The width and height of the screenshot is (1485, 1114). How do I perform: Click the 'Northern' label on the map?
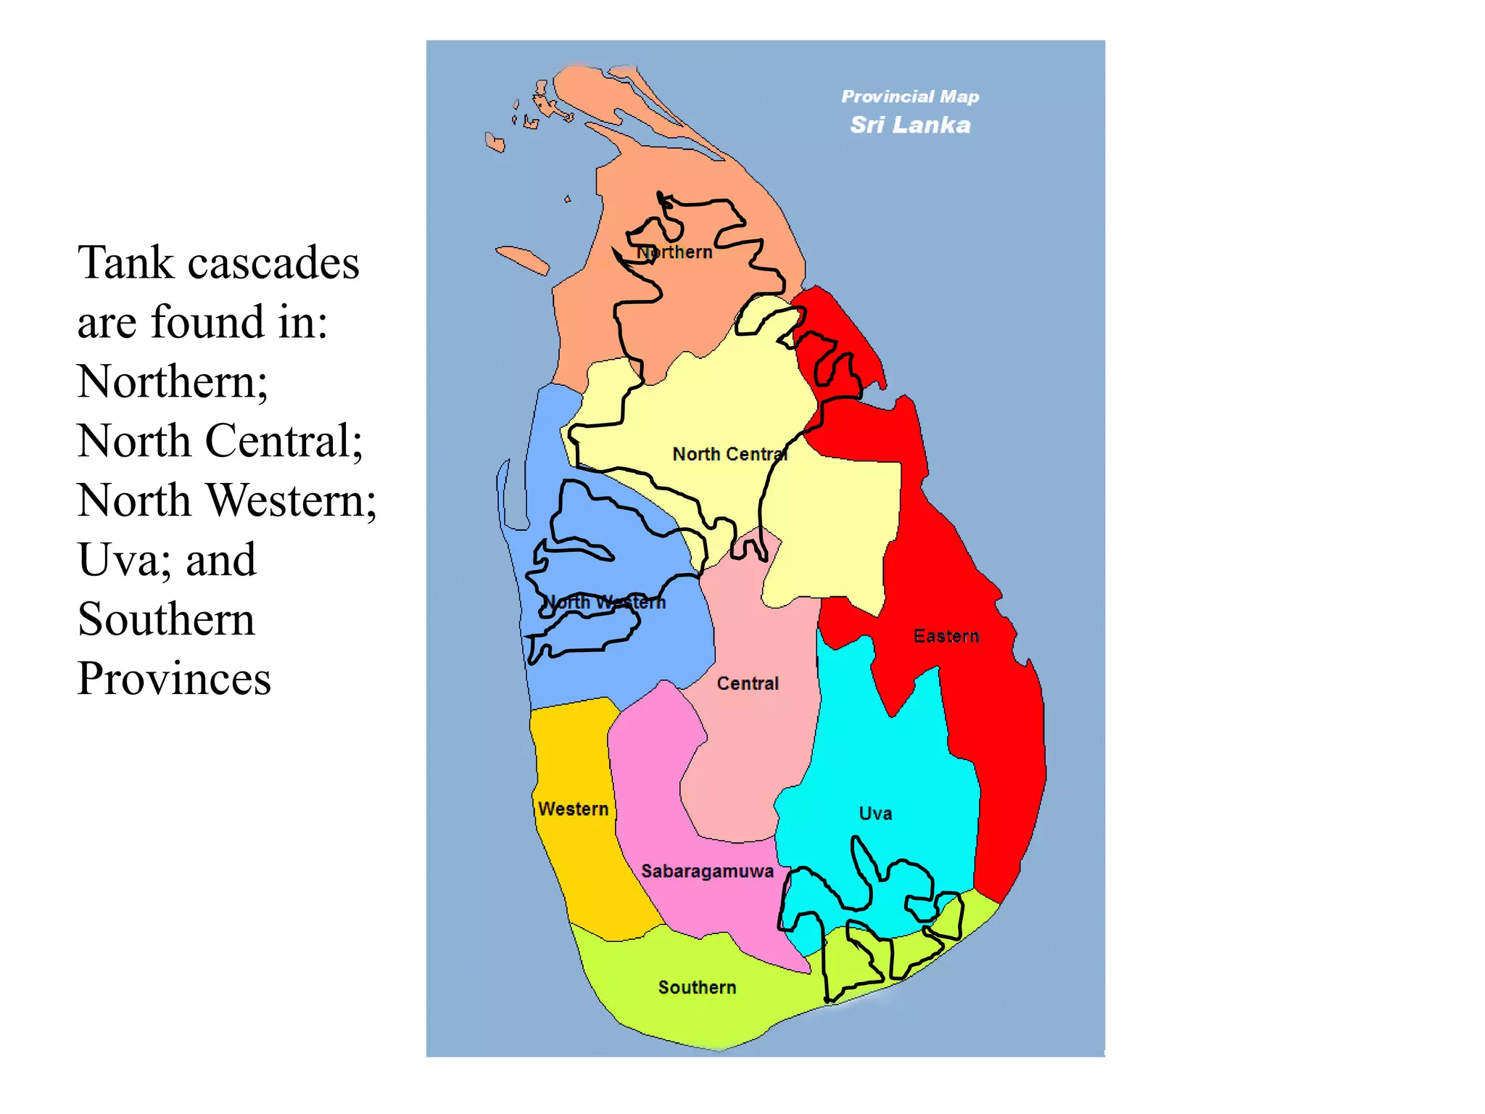click(674, 252)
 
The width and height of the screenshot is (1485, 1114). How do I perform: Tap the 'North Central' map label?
click(729, 454)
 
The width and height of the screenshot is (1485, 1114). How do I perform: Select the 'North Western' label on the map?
click(604, 602)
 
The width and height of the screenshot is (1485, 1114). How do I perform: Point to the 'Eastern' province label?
click(946, 636)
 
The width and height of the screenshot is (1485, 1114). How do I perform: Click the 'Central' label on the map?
click(748, 683)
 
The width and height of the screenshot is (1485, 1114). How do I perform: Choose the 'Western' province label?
click(573, 809)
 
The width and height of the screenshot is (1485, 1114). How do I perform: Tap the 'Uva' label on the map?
click(875, 813)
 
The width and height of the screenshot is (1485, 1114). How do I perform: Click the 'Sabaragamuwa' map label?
click(707, 871)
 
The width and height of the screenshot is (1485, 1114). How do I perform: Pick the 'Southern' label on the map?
click(697, 987)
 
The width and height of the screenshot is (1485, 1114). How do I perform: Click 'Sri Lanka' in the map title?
click(910, 125)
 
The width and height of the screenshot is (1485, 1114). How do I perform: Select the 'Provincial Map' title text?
click(910, 96)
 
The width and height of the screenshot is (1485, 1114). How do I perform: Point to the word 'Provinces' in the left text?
click(174, 679)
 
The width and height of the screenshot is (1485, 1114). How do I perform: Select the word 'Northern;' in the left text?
click(173, 381)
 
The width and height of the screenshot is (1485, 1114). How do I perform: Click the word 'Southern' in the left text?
click(166, 619)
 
